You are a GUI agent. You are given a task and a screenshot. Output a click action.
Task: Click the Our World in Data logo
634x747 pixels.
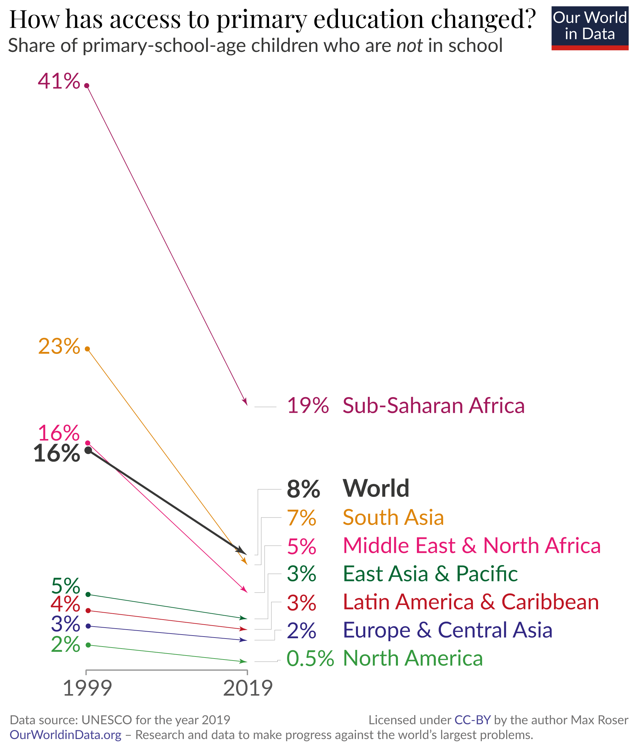(589, 28)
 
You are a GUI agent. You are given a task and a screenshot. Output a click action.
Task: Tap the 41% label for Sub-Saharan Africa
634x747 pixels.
(59, 81)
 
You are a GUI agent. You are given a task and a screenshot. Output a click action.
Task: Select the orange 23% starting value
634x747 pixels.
(59, 347)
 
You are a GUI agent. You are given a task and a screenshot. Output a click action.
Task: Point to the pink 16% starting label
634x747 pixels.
(59, 433)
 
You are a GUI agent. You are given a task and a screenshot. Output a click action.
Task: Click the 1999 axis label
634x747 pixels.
(87, 688)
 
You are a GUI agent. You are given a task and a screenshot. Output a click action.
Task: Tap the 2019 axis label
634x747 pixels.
(248, 688)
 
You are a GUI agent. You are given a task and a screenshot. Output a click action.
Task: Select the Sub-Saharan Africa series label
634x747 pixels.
(434, 406)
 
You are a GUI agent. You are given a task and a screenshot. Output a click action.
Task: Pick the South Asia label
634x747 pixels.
(393, 517)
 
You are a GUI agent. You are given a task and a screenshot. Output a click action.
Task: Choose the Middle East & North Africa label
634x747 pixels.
(472, 546)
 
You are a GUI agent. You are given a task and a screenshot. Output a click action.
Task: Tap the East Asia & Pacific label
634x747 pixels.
(430, 574)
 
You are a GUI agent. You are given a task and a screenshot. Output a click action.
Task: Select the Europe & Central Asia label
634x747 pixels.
(448, 630)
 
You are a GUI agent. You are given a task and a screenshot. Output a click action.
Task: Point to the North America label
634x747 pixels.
(413, 658)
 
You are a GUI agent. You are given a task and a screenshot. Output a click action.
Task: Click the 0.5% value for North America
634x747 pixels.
(310, 659)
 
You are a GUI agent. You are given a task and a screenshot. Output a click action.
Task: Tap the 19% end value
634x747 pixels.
(308, 406)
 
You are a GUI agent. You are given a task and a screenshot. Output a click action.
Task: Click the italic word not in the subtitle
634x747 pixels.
(409, 46)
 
